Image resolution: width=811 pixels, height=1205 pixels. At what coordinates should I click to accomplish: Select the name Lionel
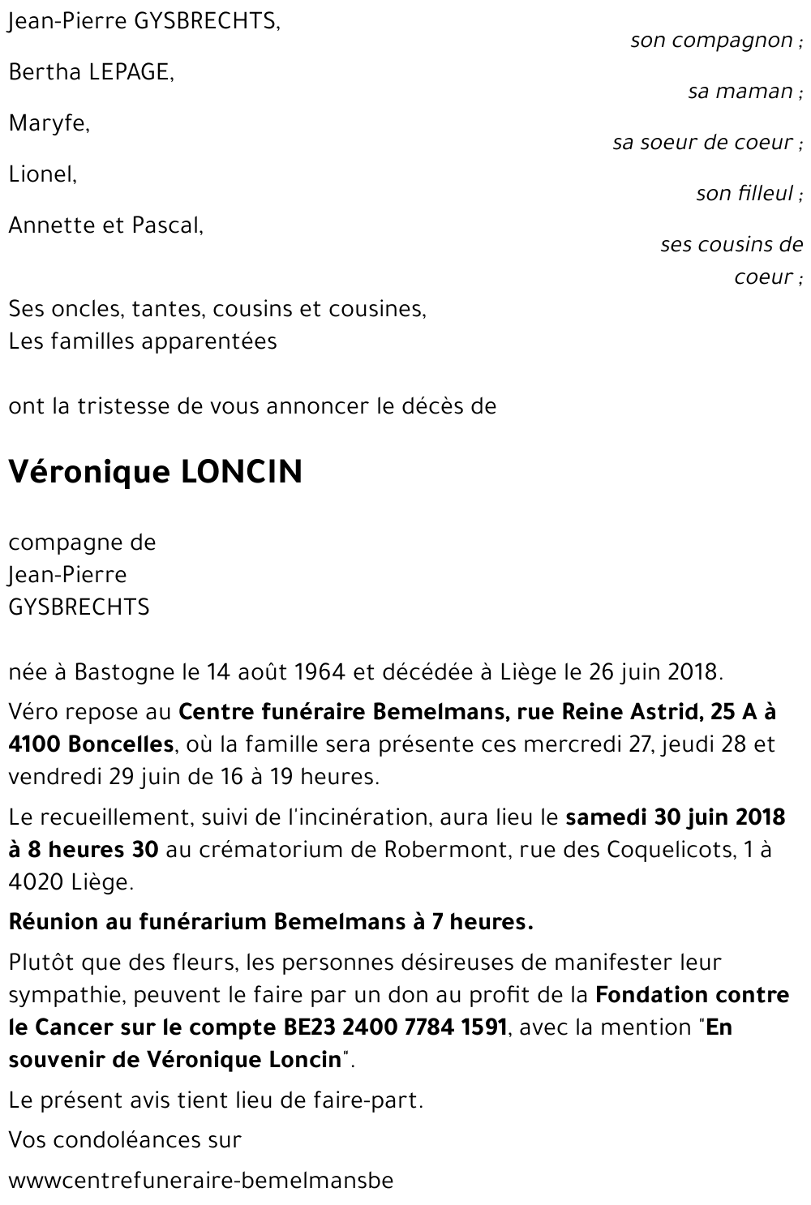coord(42,174)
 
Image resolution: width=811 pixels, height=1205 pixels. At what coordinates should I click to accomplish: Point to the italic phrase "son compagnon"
coord(711,40)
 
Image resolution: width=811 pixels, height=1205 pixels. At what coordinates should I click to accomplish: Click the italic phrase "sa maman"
coord(740,91)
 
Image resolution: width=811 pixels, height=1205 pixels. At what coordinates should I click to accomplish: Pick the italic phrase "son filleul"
coord(744,193)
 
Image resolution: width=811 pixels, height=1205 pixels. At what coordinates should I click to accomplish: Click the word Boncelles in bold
coord(121,744)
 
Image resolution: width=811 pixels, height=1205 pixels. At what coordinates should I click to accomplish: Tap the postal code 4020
coord(35,882)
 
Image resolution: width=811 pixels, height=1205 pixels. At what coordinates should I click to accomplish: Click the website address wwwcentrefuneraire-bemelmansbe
coord(200,1180)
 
